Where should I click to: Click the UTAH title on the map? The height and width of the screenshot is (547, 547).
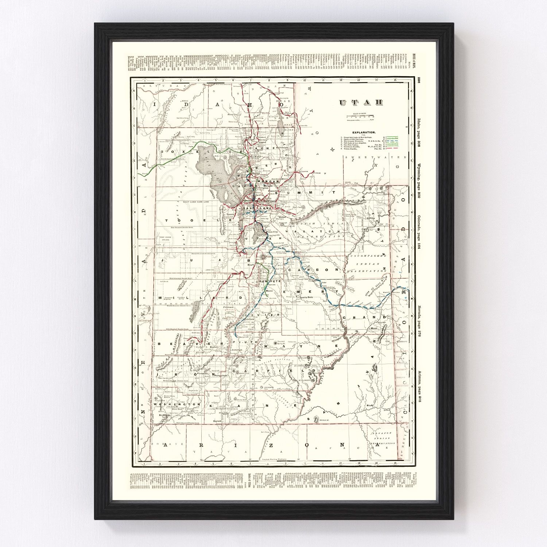click(361, 103)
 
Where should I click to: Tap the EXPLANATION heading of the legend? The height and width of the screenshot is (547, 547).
click(363, 133)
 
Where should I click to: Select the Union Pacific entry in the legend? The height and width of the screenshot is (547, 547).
click(353, 150)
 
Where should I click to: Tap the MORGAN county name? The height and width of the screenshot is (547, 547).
click(268, 181)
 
